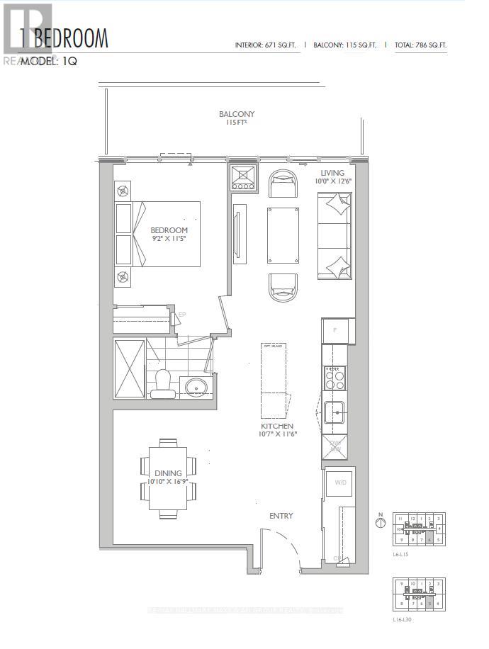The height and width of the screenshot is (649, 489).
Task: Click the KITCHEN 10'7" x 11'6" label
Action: pos(277,429)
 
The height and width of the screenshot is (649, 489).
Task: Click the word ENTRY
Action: pos(281,516)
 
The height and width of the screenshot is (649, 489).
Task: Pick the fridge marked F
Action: pos(335,330)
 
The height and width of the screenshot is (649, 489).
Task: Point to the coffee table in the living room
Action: pos(281,235)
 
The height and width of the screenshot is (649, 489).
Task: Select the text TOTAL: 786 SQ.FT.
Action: pos(421,45)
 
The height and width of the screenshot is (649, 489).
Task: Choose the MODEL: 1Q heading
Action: pos(48,62)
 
